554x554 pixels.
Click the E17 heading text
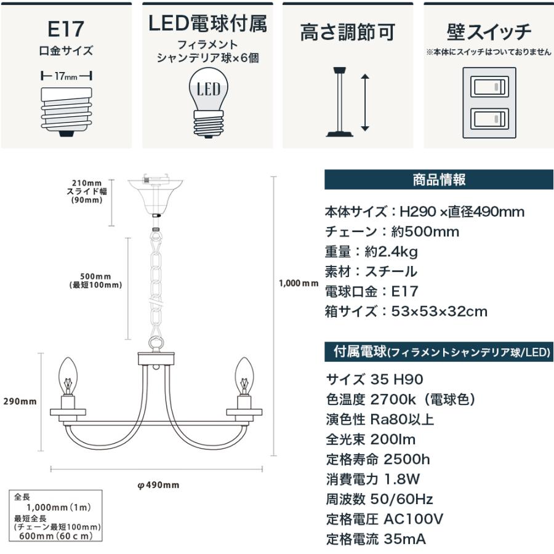point(66,29)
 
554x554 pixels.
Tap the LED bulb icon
point(209,102)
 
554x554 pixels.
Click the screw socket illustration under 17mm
point(66,112)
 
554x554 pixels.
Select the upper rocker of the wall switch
point(489,86)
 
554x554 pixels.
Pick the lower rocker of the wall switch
point(489,118)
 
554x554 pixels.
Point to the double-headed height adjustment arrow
point(365,102)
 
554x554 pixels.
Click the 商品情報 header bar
point(439,180)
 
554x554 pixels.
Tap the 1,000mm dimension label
point(299,283)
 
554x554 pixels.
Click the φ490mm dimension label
point(158,485)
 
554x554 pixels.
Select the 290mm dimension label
point(20,401)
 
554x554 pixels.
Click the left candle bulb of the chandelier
point(68,375)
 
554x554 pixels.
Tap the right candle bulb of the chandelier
point(244,375)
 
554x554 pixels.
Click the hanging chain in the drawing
point(156,286)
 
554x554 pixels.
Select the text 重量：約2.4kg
point(371,252)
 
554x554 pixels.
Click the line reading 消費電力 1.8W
point(373,479)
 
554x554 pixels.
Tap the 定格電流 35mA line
point(375,539)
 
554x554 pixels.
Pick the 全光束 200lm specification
point(371,439)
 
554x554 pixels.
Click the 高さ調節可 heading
point(348,32)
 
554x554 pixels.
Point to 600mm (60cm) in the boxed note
point(56,536)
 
